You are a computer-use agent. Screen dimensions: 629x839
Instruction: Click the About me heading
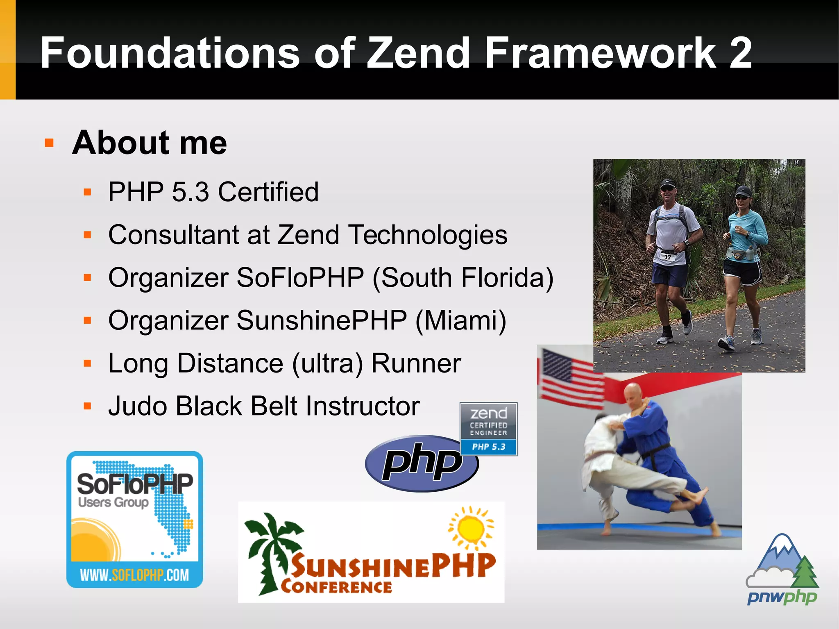[149, 143]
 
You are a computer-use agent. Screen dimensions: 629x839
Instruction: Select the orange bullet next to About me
[49, 143]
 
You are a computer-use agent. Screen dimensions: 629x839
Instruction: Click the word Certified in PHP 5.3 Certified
[268, 192]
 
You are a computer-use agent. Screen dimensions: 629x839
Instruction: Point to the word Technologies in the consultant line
[428, 235]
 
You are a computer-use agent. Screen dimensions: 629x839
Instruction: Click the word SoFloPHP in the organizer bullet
[300, 277]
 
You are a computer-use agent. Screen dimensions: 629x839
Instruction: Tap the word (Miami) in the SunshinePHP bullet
[461, 320]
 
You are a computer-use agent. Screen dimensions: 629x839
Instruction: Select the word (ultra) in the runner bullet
[327, 363]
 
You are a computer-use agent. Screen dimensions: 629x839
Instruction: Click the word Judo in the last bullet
[138, 406]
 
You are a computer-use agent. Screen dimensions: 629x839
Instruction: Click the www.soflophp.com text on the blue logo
[134, 575]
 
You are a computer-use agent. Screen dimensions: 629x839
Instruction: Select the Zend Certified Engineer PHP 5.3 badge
[488, 429]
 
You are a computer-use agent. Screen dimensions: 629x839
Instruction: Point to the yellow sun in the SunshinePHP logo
[471, 529]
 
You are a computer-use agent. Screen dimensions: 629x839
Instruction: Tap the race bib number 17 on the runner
[668, 257]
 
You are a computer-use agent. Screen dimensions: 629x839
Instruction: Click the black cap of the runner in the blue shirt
[743, 191]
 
